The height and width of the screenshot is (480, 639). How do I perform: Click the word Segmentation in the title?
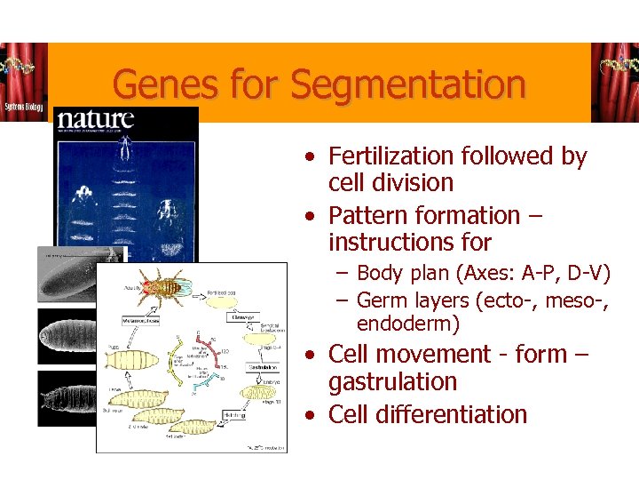coord(407,85)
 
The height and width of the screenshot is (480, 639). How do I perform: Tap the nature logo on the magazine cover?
coord(95,120)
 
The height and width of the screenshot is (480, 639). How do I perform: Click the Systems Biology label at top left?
coord(24,106)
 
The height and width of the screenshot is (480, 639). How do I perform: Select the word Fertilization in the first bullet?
coord(391,156)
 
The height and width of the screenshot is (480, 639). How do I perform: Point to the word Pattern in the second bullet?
coord(372,215)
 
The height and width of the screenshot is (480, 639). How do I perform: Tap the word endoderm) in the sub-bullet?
coord(408,324)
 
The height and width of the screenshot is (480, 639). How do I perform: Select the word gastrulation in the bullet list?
coord(392,382)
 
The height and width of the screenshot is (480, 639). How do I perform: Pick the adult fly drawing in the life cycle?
coord(166,287)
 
